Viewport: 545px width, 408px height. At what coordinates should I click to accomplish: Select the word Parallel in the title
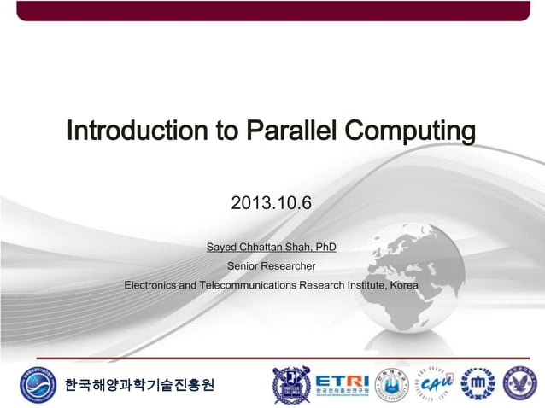point(292,132)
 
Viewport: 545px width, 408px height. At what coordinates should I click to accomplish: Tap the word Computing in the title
point(410,132)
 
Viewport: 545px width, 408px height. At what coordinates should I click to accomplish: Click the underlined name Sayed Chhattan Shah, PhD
point(272,248)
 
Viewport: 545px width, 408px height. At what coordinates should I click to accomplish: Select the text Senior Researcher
point(271,266)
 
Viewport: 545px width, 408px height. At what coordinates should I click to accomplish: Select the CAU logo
point(436,385)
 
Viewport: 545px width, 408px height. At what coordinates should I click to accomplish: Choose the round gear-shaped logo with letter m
point(478,385)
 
